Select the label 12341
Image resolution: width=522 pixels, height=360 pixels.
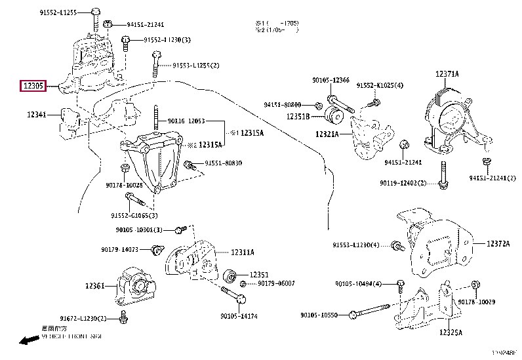[37, 115]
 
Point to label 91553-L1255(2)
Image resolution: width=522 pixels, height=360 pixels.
[196, 66]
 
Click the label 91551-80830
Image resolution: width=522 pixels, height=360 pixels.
[223, 163]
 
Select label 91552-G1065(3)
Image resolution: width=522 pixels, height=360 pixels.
[134, 215]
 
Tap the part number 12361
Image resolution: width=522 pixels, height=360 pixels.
[94, 286]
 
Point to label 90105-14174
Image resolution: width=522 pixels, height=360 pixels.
[239, 315]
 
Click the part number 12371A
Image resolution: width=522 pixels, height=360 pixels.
[447, 75]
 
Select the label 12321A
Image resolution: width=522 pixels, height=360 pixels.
[326, 134]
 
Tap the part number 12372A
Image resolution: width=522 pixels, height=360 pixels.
[498, 243]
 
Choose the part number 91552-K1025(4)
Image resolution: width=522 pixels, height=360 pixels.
[380, 85]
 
